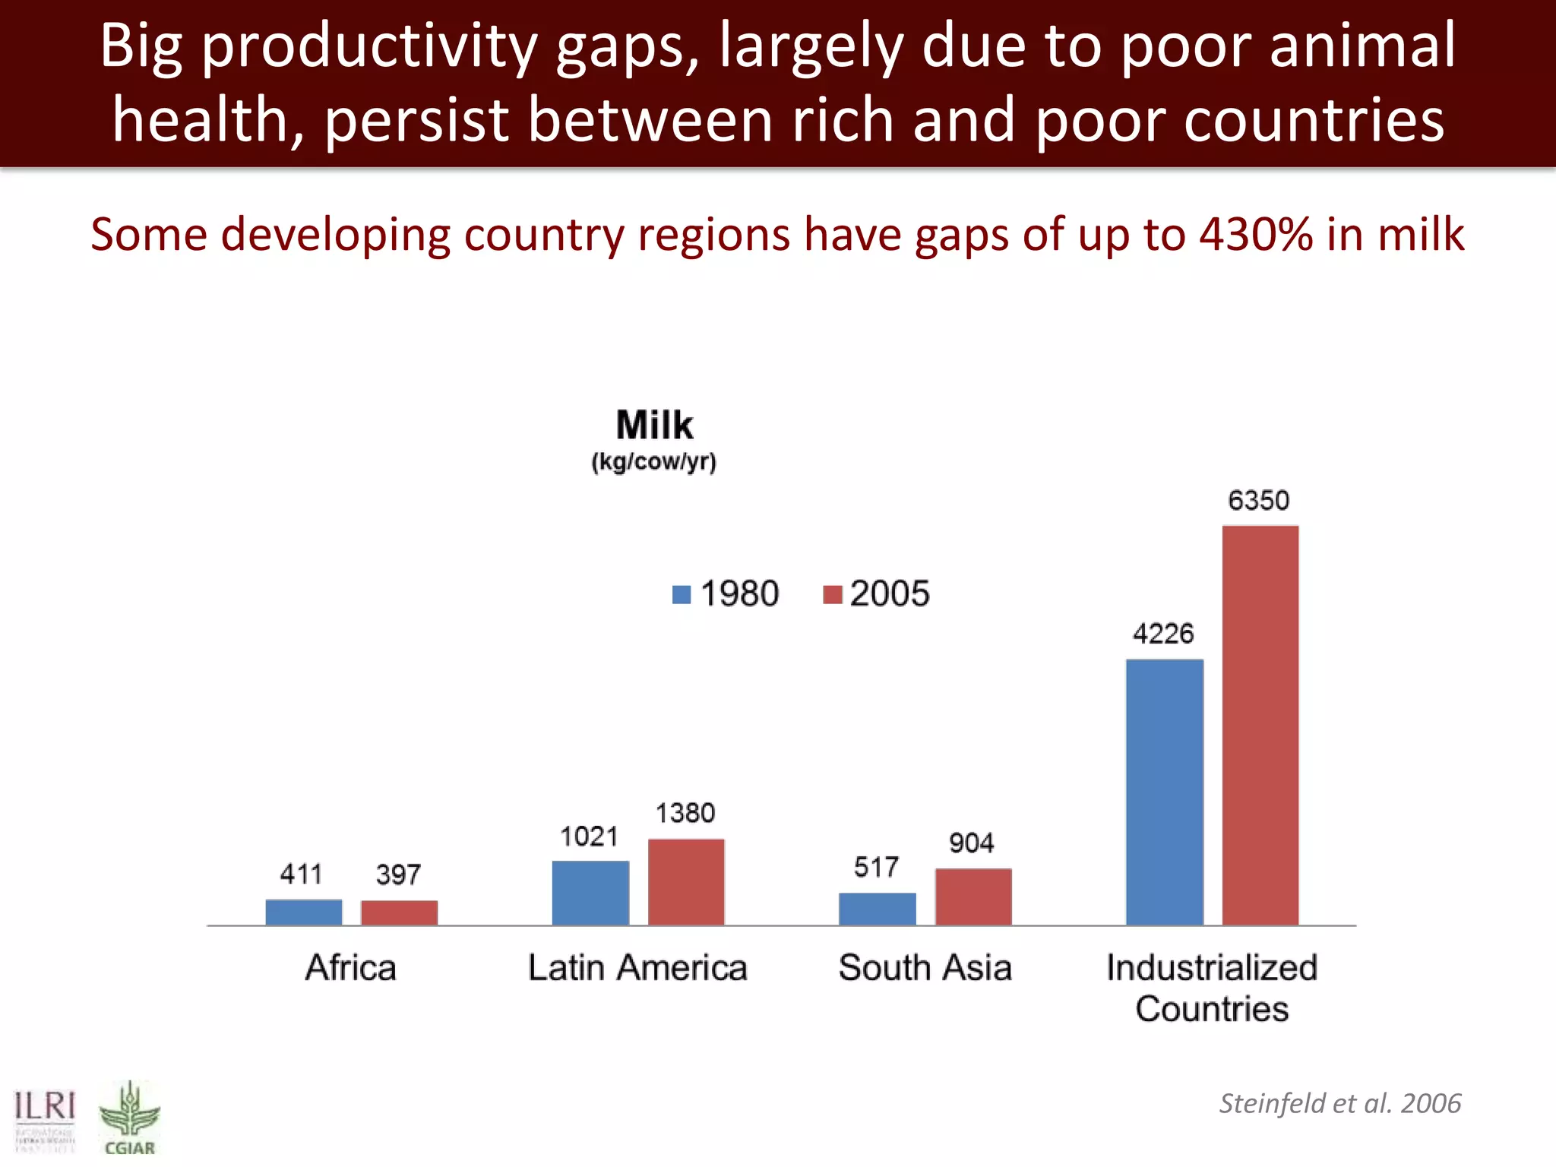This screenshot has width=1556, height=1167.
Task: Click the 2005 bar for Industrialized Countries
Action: [1260, 725]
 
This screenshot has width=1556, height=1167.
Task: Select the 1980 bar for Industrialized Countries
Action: [1164, 792]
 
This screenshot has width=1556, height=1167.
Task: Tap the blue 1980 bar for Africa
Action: [303, 912]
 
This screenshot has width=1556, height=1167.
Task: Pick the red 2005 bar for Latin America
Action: [686, 881]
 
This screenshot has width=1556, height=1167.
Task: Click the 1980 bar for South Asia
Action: [877, 909]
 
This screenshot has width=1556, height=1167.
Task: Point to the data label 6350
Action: [1258, 501]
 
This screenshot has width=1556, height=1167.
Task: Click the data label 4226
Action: [1162, 634]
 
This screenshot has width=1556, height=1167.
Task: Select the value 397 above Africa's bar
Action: [398, 874]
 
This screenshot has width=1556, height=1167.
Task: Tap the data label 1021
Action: [589, 837]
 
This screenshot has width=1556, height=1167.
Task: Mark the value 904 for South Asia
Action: [971, 843]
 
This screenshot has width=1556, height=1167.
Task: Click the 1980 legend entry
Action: [726, 593]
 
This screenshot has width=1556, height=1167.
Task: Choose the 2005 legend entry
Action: [876, 593]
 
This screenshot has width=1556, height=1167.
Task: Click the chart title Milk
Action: [654, 425]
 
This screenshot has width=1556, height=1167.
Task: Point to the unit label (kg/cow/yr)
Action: [654, 462]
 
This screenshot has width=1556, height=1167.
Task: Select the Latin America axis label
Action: [637, 968]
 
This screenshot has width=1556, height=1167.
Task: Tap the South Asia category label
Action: [925, 968]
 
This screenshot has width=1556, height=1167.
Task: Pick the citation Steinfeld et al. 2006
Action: [1339, 1103]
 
